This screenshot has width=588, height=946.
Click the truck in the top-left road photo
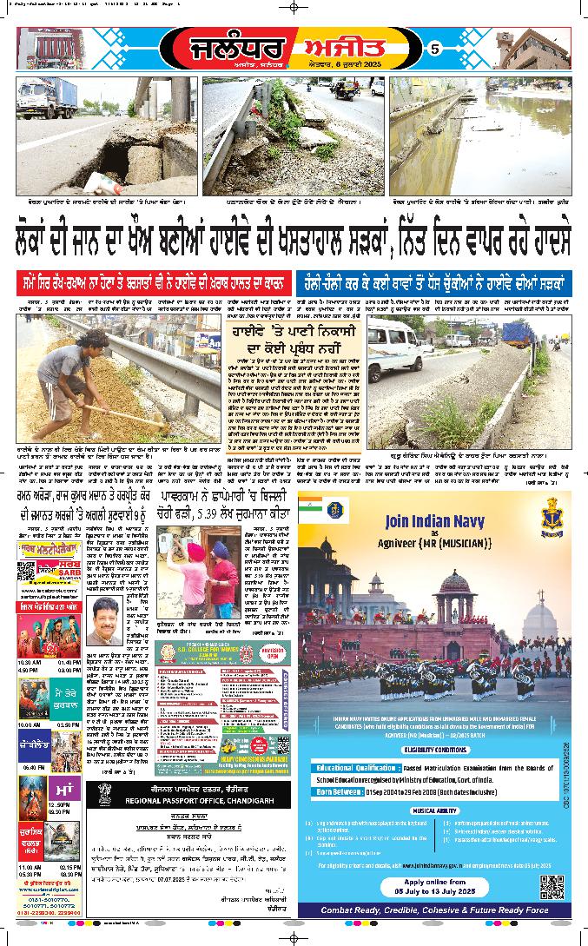point(50,98)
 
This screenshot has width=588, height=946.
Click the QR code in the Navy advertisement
point(552,888)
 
